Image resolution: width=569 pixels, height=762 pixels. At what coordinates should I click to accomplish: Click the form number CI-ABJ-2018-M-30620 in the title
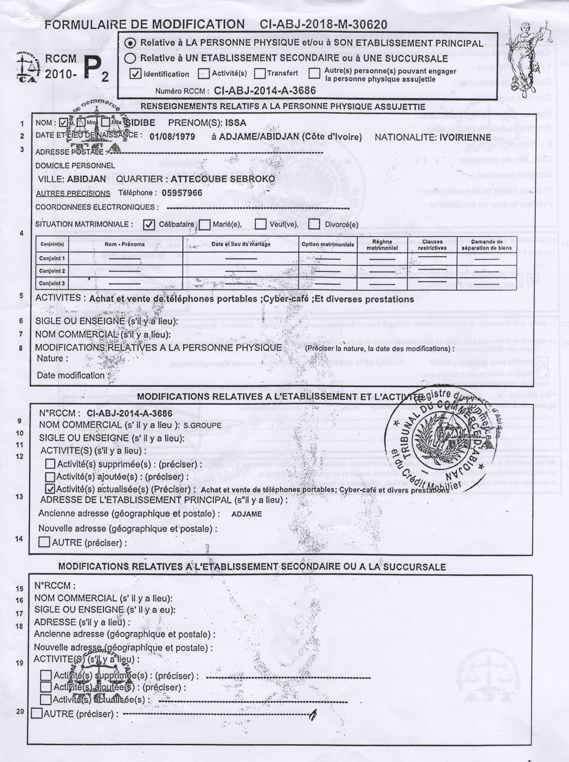(x=323, y=24)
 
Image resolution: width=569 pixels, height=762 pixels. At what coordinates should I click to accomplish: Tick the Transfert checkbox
(x=260, y=73)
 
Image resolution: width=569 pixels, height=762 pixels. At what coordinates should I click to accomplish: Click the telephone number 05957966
(x=182, y=193)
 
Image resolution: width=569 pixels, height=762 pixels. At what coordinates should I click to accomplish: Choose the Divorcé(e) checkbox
(x=314, y=224)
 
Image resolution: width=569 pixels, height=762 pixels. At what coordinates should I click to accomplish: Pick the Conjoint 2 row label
(x=52, y=271)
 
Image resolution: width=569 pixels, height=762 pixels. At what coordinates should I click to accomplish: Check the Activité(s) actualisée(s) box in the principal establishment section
(x=50, y=489)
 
